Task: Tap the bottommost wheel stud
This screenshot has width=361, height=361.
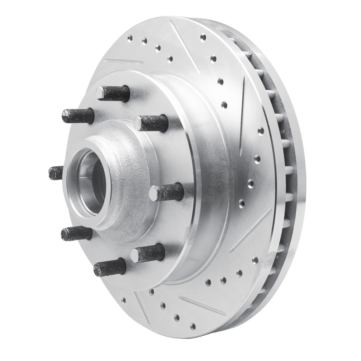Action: tap(110, 268)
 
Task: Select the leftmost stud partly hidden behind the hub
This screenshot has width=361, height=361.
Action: tap(56, 172)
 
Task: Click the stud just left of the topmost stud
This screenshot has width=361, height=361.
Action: tap(78, 116)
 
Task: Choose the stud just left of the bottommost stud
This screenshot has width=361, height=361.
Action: tap(77, 233)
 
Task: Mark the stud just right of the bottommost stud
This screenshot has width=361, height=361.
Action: tap(148, 253)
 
